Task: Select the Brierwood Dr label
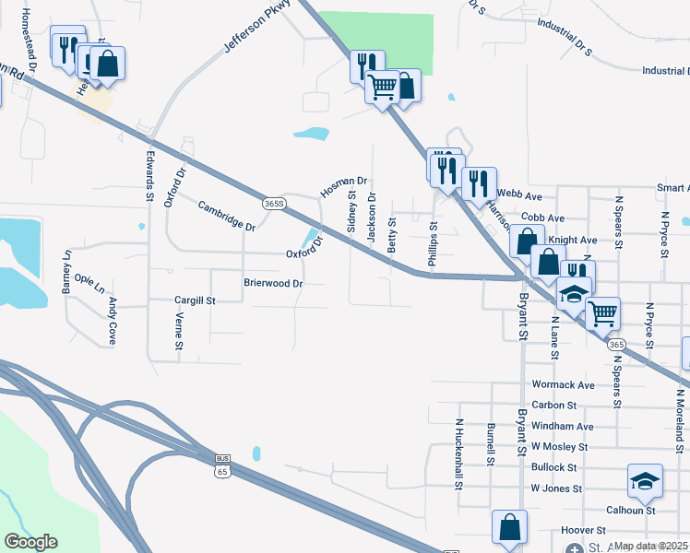(x=273, y=284)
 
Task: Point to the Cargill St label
(x=195, y=300)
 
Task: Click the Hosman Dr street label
(x=344, y=187)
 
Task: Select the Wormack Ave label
(x=563, y=384)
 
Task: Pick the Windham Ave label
(x=563, y=427)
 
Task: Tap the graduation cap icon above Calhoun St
(x=645, y=481)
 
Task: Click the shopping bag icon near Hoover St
(x=509, y=528)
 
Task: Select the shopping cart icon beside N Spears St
(x=602, y=313)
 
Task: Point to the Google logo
(x=31, y=542)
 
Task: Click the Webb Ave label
(x=519, y=195)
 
